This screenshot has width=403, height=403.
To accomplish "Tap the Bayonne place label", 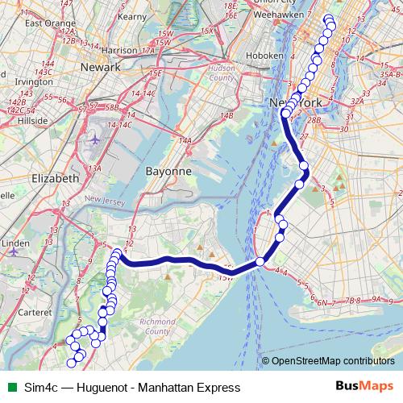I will tap(168, 172).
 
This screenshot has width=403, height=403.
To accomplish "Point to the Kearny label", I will tap(132, 15).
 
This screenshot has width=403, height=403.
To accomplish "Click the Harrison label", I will tap(120, 50).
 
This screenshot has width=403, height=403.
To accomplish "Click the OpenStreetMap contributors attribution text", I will tap(333, 361).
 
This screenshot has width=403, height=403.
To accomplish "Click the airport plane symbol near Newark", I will tap(95, 139).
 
